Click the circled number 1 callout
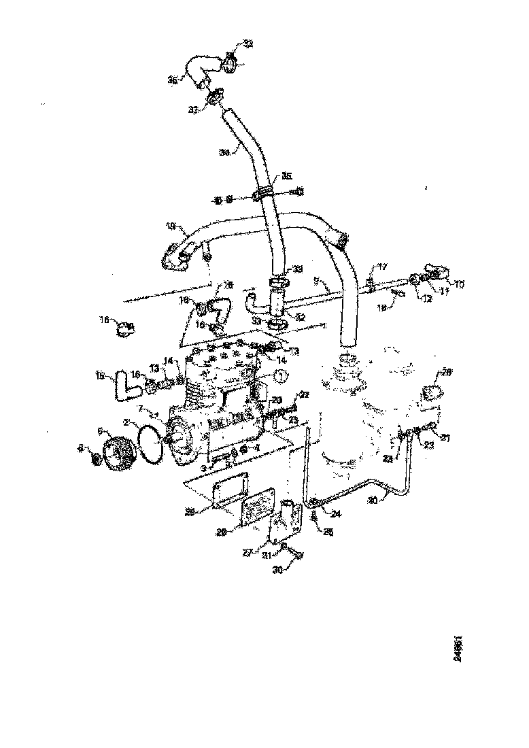[281, 374]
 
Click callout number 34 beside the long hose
[224, 152]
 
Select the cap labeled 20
[432, 394]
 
